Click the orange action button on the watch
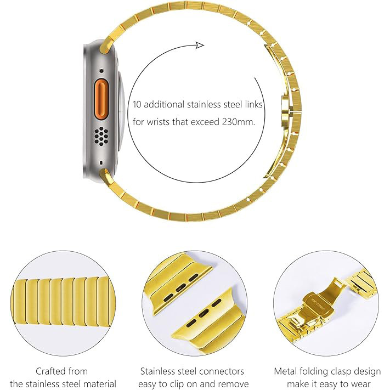101,99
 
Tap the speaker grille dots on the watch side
101,136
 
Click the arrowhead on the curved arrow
200,46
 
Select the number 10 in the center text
137,104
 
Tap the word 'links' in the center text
254,104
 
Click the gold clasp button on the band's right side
285,111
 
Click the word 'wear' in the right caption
359,384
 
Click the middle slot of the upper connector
180,287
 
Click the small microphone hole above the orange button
101,71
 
